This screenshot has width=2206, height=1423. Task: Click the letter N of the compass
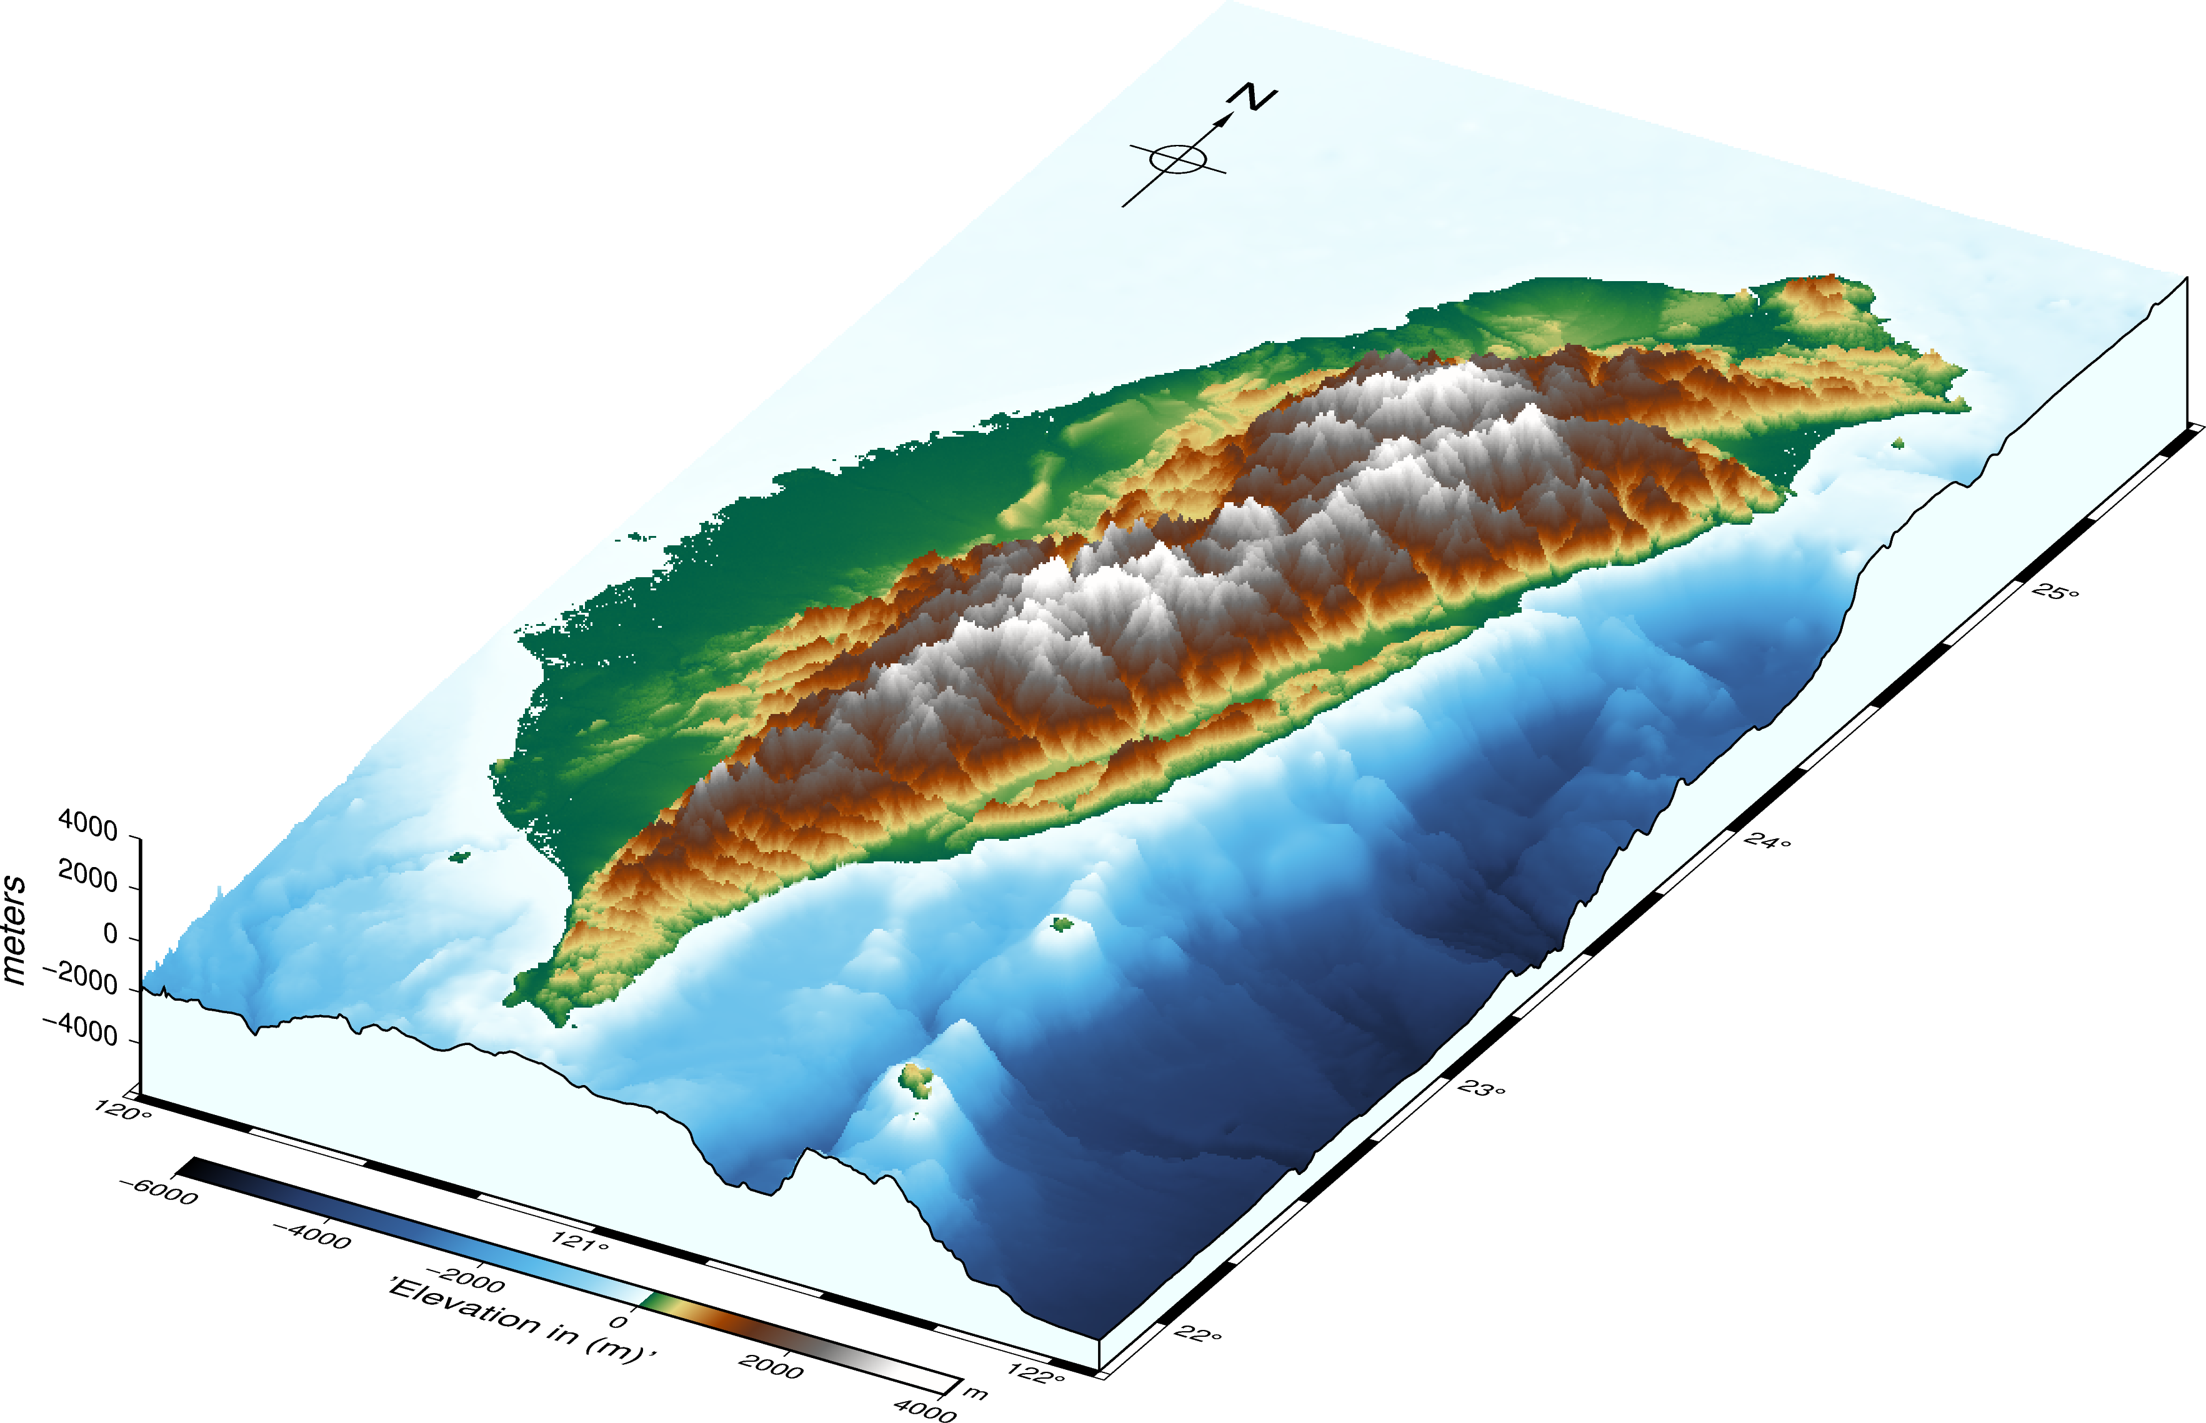pos(1252,97)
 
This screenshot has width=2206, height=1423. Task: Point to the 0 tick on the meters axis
pos(111,934)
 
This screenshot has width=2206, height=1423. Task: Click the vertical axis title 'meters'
pos(15,929)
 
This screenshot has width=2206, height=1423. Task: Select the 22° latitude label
pos(1199,1334)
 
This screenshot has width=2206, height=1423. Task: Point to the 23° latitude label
pos(1482,1088)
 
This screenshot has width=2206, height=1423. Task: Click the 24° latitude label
pos(1767,840)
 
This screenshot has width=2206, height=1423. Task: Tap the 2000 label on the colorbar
pos(771,1366)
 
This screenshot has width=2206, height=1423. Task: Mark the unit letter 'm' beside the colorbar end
pos(976,1392)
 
